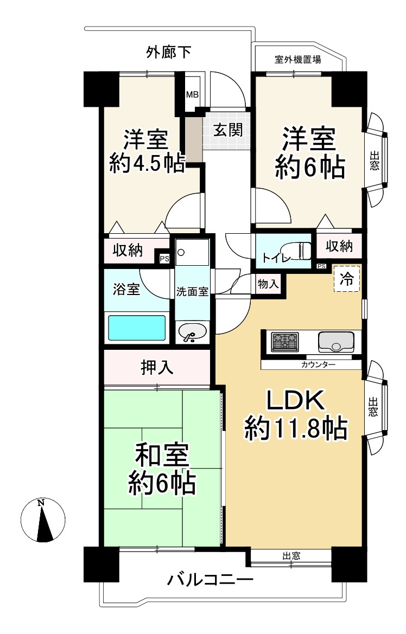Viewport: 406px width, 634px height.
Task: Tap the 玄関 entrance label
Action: click(x=228, y=130)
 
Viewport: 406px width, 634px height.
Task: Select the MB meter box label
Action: click(x=192, y=94)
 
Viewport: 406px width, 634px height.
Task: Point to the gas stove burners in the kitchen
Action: click(x=285, y=342)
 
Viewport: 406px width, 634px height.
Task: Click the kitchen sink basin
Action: click(x=336, y=342)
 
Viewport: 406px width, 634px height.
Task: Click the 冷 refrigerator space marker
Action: click(x=346, y=278)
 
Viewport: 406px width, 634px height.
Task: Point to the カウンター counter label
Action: click(x=318, y=364)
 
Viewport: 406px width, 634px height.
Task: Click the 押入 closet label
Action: click(x=157, y=367)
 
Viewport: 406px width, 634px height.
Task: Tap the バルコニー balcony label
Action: click(x=211, y=580)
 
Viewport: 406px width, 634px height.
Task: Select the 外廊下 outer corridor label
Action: click(x=168, y=52)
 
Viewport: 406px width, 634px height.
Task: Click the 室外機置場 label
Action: click(x=298, y=60)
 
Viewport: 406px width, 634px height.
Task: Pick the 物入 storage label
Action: click(x=268, y=284)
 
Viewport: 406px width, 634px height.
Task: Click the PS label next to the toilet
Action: click(x=321, y=266)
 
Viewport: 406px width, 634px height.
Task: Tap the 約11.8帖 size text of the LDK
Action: click(x=296, y=428)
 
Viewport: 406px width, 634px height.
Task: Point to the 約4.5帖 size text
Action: click(x=147, y=164)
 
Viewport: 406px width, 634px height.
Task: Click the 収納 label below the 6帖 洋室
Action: click(x=339, y=246)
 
